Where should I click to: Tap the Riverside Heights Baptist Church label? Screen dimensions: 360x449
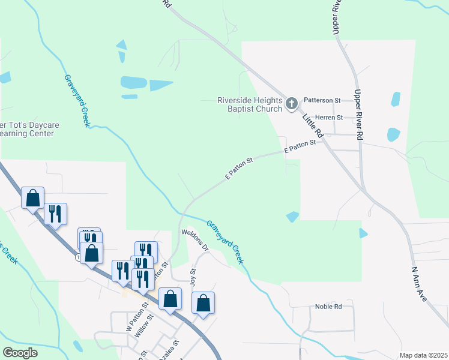tap(249, 105)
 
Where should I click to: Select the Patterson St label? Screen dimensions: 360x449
tap(322, 100)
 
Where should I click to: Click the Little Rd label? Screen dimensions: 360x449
tap(313, 125)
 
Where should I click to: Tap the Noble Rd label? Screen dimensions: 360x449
tap(328, 307)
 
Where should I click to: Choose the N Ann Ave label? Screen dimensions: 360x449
tap(419, 284)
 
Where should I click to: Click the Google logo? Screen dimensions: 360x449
tap(20, 352)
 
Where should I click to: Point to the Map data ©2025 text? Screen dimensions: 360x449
tap(423, 355)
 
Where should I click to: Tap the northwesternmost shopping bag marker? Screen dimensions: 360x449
tap(32, 198)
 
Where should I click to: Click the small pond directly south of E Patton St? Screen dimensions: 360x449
tap(292, 217)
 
